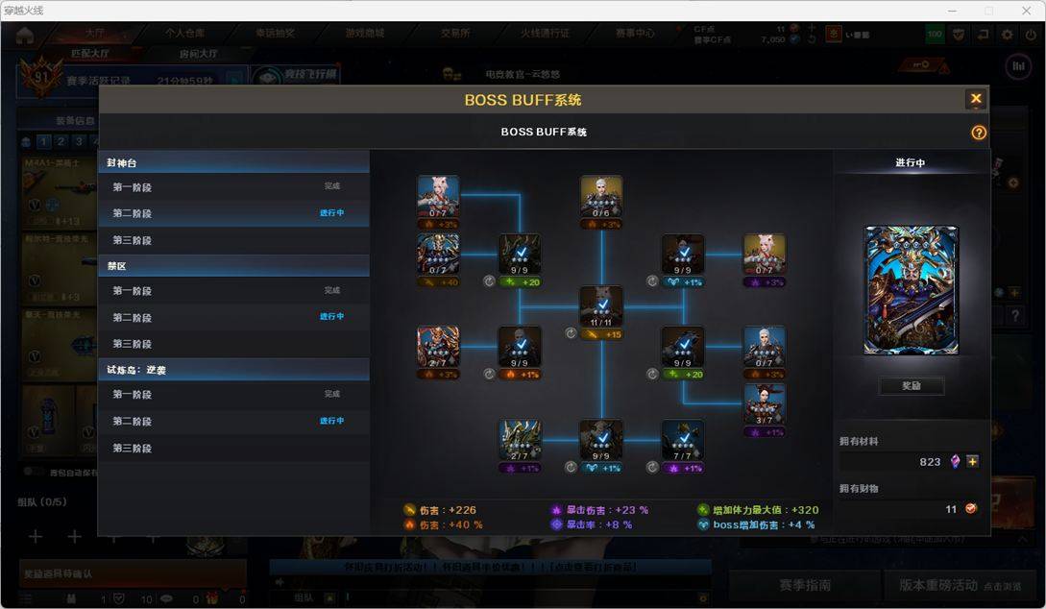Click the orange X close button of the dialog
click(x=976, y=99)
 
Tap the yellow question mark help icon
click(x=979, y=133)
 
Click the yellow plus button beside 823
click(x=972, y=462)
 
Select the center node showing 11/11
click(x=601, y=306)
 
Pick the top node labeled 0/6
click(x=601, y=196)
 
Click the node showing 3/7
click(x=765, y=404)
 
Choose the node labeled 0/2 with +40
click(x=438, y=255)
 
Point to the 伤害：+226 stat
click(x=448, y=510)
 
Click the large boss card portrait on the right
click(x=911, y=290)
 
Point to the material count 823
click(x=930, y=462)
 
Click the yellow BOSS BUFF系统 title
click(x=523, y=100)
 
